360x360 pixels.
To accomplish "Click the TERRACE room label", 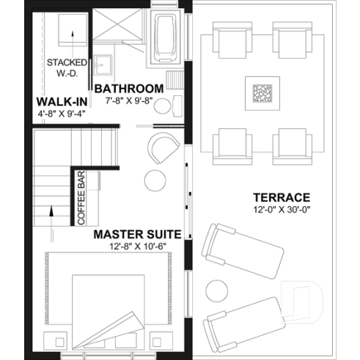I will click(x=282, y=197).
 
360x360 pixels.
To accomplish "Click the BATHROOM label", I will click(x=128, y=88).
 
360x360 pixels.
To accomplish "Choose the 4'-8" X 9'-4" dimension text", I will click(x=63, y=114).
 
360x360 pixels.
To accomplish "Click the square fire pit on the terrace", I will click(x=261, y=94).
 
